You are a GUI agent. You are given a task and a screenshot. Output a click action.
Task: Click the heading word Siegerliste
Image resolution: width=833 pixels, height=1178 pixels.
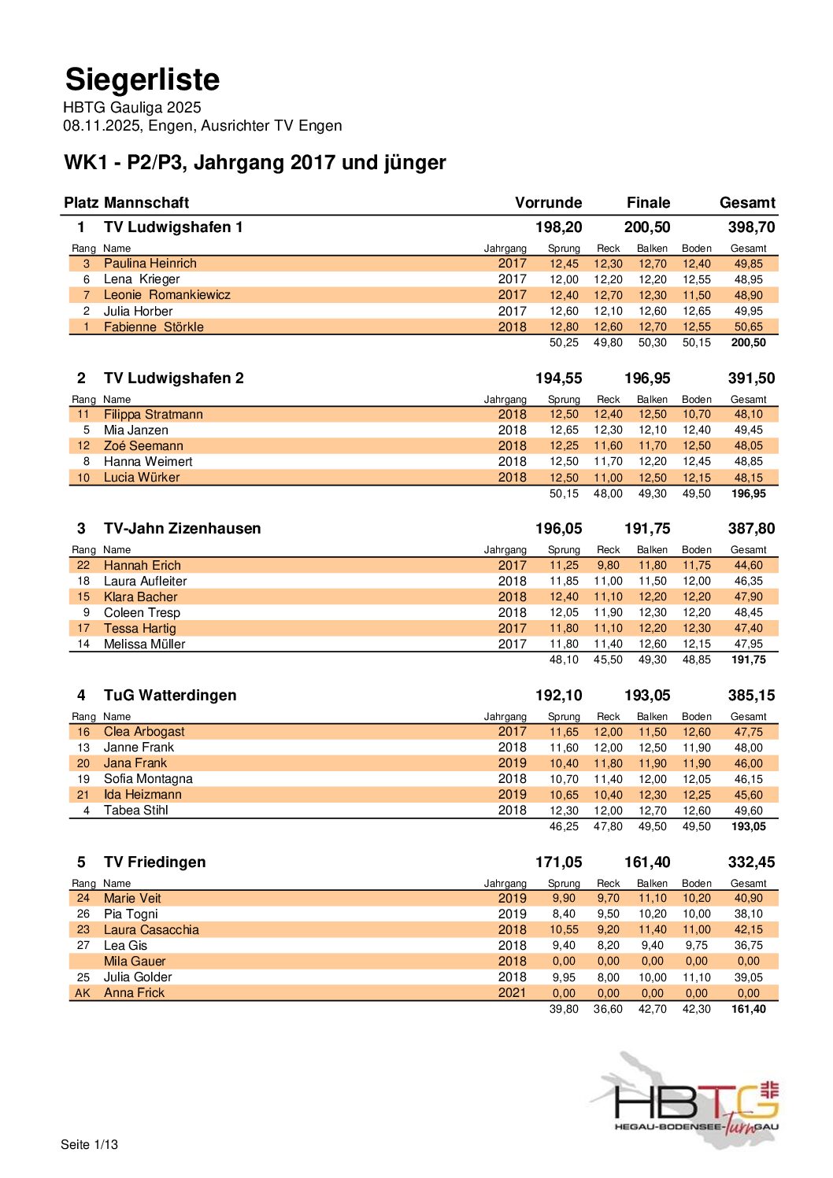point(143,79)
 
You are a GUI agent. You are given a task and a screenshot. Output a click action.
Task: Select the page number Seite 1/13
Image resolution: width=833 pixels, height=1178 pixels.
point(89,1144)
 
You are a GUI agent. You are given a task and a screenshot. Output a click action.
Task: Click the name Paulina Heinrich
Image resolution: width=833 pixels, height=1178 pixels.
point(150,264)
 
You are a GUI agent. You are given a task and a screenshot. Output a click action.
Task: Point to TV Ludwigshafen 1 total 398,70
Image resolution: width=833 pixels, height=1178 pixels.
point(751,227)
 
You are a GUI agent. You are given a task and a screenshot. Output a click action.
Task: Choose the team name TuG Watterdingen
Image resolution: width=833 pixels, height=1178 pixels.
point(170,696)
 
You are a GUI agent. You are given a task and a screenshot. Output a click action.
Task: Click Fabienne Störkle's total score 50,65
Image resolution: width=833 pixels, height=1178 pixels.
point(748,327)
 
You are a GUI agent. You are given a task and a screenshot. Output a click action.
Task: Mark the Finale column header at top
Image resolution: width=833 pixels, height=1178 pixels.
point(648,203)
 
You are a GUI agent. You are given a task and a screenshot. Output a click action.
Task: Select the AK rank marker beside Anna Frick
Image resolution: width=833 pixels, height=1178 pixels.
point(83,993)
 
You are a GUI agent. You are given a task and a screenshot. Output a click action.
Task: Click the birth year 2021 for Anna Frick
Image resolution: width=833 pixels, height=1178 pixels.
point(512,993)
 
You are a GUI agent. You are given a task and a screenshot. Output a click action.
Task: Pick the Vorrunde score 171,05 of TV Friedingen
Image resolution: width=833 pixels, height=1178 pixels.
point(558,862)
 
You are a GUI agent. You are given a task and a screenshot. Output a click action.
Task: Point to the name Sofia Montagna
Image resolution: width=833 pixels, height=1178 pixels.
point(148,779)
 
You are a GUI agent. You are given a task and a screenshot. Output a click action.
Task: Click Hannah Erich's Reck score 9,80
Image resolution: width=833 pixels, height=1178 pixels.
point(608,565)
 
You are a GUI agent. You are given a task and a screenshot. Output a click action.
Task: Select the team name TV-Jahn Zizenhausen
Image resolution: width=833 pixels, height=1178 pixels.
point(182,529)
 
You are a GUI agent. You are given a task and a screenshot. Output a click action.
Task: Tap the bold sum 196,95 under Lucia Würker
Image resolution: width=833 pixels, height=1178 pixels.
point(748,494)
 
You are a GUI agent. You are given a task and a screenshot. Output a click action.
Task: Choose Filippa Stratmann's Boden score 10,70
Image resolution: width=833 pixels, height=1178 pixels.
point(696,414)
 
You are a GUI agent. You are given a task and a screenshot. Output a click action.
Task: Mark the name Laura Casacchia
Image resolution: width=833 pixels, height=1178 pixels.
point(151,930)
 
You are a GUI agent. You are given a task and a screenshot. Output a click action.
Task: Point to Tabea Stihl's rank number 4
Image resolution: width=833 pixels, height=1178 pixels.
point(86,811)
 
